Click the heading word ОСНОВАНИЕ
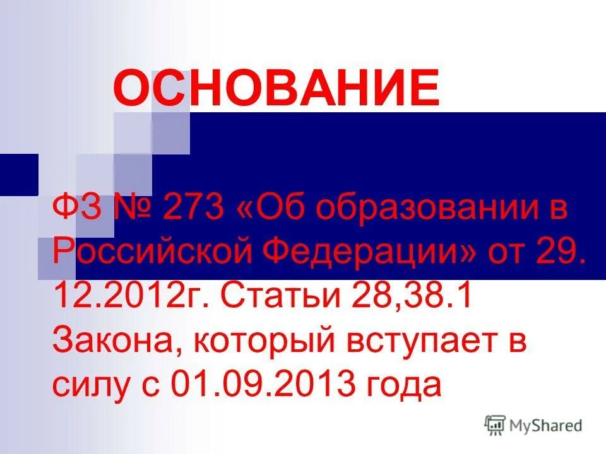[276, 88]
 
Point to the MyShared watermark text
[547, 425]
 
